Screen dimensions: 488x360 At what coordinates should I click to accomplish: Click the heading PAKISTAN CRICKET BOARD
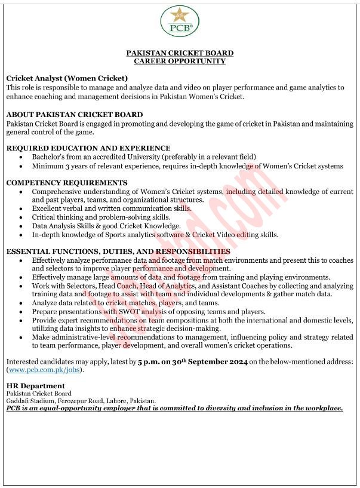click(x=180, y=53)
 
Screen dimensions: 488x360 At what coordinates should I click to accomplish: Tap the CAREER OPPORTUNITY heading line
click(x=180, y=61)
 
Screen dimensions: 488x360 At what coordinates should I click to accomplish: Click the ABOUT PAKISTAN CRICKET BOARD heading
click(x=74, y=113)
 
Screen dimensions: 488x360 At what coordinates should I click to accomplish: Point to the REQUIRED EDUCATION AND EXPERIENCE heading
click(x=88, y=148)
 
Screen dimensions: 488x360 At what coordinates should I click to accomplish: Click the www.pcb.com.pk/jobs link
click(x=44, y=370)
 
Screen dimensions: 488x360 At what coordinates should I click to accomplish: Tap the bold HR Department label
click(x=35, y=386)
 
